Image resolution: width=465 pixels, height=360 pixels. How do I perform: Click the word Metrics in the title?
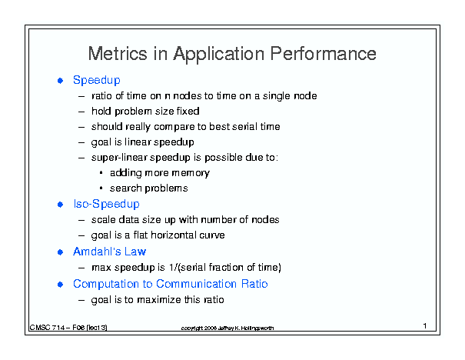point(118,54)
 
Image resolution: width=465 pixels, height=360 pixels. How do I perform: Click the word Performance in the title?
point(323,54)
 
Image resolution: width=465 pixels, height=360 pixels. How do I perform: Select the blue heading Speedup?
point(97,81)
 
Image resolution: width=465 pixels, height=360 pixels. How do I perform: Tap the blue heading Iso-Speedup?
point(107,204)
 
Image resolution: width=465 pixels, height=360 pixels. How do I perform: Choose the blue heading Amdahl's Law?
point(109,252)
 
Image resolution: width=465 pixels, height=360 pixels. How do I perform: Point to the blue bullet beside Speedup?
point(60,81)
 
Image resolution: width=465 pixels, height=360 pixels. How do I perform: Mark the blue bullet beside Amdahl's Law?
point(60,252)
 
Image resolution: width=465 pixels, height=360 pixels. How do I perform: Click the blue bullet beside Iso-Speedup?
point(60,205)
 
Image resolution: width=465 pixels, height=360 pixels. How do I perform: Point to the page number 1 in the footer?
point(425,326)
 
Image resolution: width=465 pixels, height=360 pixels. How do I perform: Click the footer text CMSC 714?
point(48,328)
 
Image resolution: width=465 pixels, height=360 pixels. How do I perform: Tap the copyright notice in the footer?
point(228,328)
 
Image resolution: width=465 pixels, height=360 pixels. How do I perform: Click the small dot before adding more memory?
point(101,172)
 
